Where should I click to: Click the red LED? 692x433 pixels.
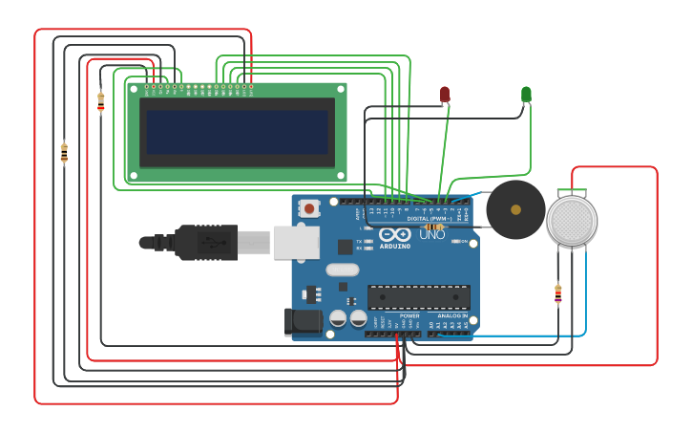(445, 94)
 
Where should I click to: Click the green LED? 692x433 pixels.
(526, 94)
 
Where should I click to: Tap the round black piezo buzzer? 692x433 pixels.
(515, 209)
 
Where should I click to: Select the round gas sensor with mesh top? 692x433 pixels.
(572, 220)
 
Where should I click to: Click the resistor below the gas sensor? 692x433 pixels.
(558, 293)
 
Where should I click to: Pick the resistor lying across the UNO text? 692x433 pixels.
(434, 227)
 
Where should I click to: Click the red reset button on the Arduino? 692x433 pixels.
(309, 207)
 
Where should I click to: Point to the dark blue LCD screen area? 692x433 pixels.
(237, 131)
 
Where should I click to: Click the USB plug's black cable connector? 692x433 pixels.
(204, 243)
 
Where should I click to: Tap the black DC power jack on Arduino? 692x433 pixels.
(304, 321)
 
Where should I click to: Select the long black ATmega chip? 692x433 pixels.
(419, 296)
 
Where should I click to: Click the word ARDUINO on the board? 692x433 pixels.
(395, 246)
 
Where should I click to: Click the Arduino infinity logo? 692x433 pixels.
(394, 234)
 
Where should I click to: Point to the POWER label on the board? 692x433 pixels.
(409, 315)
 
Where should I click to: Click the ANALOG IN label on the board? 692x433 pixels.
(452, 315)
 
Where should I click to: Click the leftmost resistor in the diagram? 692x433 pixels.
(64, 152)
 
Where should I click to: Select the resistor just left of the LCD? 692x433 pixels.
(100, 101)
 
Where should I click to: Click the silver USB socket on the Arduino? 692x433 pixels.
(296, 243)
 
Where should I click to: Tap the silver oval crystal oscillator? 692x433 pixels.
(342, 270)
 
